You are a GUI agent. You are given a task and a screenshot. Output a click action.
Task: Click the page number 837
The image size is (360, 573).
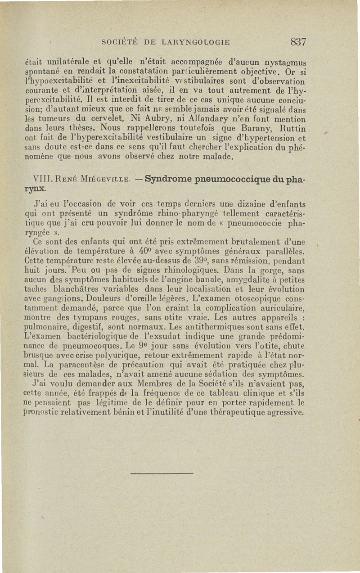(298, 42)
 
